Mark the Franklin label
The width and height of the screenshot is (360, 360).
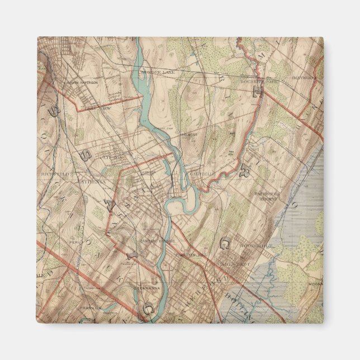89,307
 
